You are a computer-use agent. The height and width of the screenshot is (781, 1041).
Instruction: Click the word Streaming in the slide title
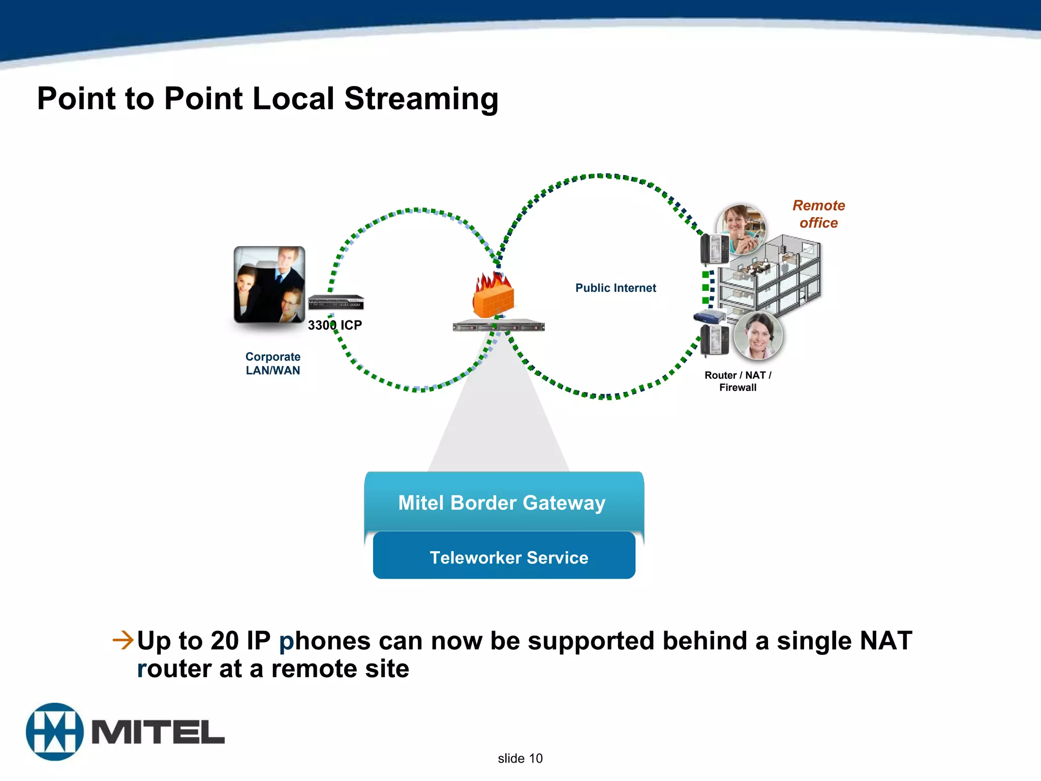point(421,99)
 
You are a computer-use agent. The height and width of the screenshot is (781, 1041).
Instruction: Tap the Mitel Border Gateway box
point(502,503)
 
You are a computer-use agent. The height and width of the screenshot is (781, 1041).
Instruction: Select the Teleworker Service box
point(508,558)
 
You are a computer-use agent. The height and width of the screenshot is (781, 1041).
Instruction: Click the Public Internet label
point(615,288)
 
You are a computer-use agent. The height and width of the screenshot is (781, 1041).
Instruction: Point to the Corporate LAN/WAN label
point(273,364)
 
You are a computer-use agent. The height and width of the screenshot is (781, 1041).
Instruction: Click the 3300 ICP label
point(334,325)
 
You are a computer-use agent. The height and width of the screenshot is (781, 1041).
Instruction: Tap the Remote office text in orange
point(818,214)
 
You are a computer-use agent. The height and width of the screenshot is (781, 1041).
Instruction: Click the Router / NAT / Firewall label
point(738,381)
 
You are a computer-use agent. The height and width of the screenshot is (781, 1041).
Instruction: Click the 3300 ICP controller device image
point(335,302)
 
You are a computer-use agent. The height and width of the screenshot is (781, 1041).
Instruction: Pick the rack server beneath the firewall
point(498,326)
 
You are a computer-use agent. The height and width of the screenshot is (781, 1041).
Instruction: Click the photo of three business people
point(269,285)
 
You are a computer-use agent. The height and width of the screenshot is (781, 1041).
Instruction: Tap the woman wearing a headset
point(758,336)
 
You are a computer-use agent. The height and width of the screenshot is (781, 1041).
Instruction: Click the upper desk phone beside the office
point(714,249)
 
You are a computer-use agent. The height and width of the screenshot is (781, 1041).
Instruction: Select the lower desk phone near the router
point(714,339)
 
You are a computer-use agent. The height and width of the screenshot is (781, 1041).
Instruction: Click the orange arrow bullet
point(123,640)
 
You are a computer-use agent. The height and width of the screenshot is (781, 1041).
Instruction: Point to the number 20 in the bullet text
point(225,641)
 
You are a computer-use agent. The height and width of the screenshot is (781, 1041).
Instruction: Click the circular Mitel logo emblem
point(54,732)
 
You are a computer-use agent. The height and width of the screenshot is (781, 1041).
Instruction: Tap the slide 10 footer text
point(520,759)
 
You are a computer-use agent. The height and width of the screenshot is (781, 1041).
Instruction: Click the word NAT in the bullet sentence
point(885,641)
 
